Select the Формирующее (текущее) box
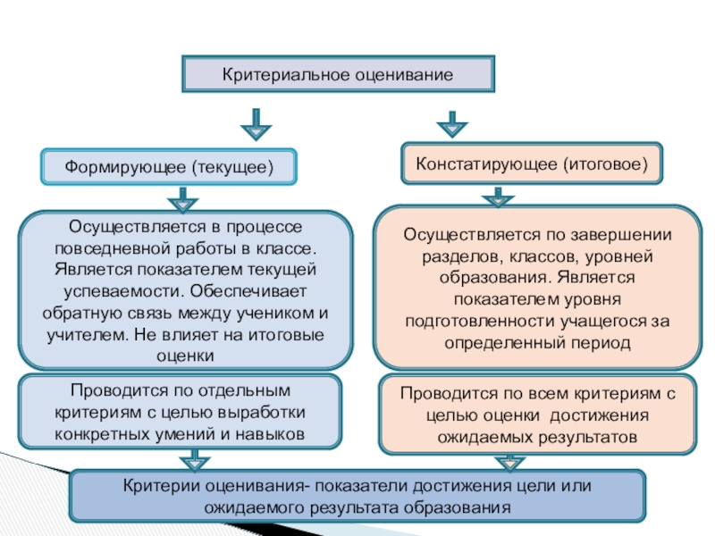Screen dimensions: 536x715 pos(168,167)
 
